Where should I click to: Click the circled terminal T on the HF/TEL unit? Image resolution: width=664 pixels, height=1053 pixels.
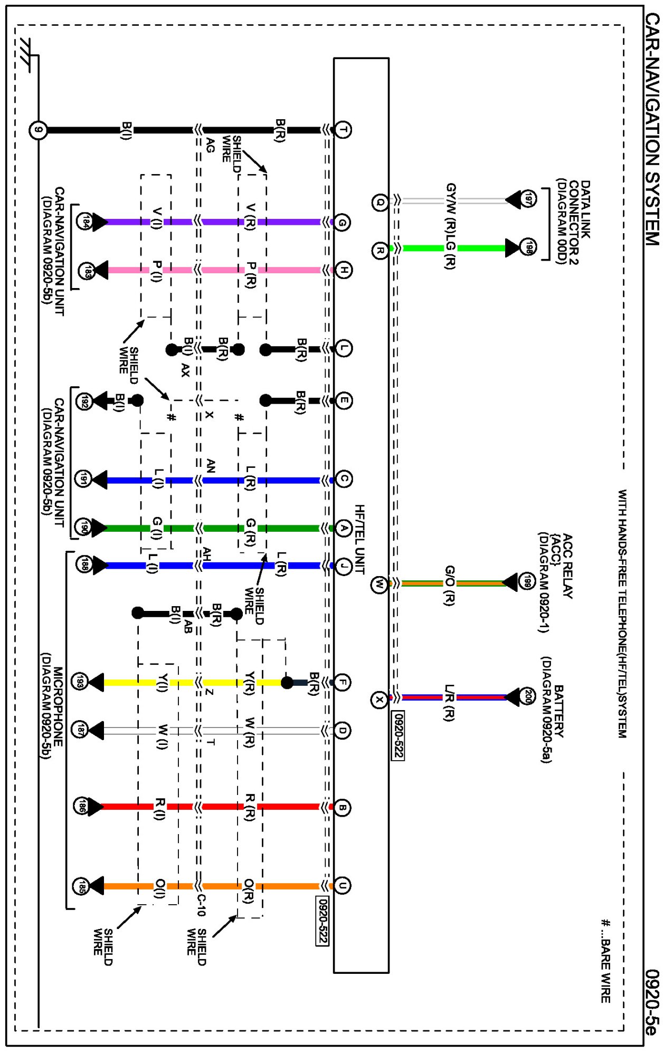tap(343, 130)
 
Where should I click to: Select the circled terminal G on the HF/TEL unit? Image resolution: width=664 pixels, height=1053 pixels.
tap(343, 223)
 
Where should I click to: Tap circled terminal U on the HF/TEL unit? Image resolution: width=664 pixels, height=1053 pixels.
tap(342, 886)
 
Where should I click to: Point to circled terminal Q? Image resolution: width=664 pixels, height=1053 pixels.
tap(380, 202)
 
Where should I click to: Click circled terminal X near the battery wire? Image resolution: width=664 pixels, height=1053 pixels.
tap(379, 700)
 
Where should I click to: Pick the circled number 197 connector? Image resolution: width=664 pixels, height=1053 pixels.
tap(528, 199)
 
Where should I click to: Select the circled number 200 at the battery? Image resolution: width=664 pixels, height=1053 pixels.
tap(527, 697)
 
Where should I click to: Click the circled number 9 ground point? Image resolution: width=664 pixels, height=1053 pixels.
tap(38, 130)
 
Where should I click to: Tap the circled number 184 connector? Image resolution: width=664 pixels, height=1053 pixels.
tap(85, 222)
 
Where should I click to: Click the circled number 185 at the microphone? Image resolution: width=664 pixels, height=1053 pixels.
tap(81, 886)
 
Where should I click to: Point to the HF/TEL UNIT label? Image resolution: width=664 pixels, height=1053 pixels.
tap(360, 539)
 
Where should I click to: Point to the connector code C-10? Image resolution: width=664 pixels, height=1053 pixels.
tap(201, 905)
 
